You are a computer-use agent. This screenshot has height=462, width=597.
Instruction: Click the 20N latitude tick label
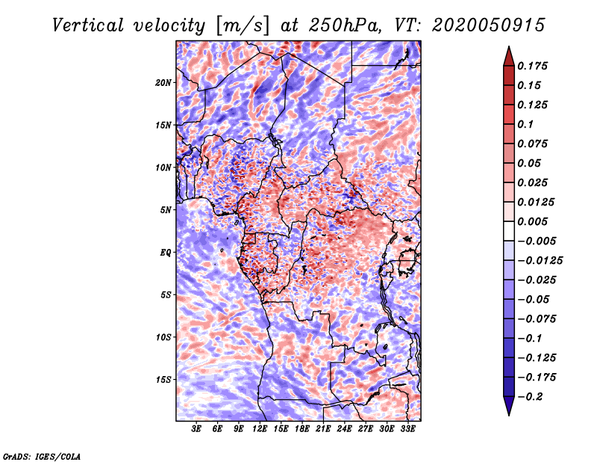coord(163,83)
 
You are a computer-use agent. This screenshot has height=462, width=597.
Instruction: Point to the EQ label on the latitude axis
coord(166,253)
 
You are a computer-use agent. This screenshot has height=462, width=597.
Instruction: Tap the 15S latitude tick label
coord(163,380)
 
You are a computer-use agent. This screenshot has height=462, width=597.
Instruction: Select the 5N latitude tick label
coord(166,210)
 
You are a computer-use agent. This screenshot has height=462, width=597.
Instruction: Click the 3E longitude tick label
coord(196,429)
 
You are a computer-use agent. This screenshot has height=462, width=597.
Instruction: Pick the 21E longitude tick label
coord(323,429)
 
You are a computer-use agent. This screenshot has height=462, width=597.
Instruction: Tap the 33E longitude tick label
coord(407,429)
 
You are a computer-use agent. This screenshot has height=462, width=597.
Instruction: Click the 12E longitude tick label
coord(260,429)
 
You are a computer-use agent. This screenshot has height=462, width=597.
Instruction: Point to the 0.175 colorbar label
coord(532,66)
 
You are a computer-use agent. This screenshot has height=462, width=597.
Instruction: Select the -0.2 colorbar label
coord(530,397)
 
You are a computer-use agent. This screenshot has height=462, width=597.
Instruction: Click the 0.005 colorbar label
coord(532,221)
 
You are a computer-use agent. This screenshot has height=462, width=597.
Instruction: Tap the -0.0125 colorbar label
coord(540,261)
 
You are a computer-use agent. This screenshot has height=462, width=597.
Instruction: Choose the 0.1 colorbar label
coord(525,124)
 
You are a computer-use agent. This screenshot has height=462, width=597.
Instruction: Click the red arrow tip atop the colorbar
coord(509,46)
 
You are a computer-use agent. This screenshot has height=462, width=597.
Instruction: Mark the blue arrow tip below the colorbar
coord(509,415)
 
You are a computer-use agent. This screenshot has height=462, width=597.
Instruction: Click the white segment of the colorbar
coord(509,231)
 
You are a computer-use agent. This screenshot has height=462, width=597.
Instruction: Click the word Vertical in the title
coord(88,25)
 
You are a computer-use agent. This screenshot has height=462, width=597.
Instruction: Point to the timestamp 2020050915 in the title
coord(489,25)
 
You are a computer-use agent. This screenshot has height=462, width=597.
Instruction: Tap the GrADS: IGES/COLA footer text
coord(42,456)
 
